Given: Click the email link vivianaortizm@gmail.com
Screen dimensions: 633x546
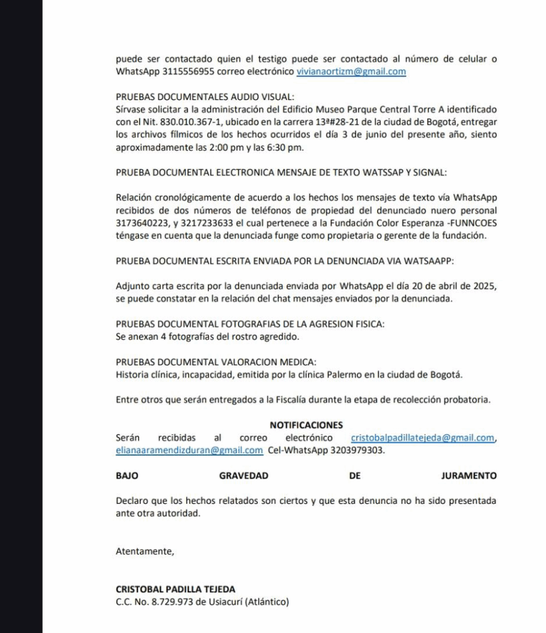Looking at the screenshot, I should click(x=351, y=71).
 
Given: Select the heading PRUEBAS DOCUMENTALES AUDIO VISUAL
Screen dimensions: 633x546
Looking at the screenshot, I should click(x=205, y=96).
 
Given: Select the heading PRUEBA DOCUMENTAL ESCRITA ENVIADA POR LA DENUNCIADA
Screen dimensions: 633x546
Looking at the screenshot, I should click(x=284, y=261).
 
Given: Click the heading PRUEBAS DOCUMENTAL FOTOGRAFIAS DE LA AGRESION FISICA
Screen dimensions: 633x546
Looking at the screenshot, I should click(x=250, y=324).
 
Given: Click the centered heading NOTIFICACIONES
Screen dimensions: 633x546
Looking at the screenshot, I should click(x=306, y=425).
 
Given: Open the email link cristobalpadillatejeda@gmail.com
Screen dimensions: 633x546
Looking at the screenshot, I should click(x=422, y=438).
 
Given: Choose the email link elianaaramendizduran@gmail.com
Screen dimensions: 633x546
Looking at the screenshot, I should click(x=189, y=450).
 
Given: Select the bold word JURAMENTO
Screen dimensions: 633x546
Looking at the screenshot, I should click(x=469, y=475).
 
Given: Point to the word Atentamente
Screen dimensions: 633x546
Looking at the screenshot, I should click(x=144, y=551).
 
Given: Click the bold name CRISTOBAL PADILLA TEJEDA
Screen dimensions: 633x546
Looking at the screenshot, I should click(x=175, y=589).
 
